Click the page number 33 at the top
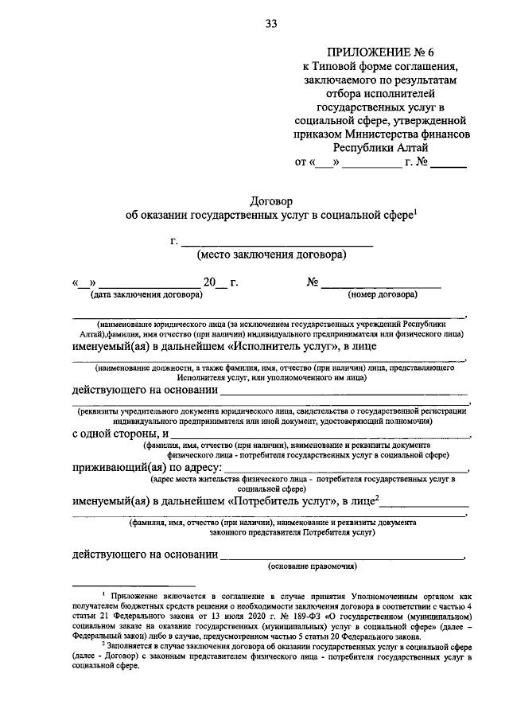pos(271,24)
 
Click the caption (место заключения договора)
pos(271,255)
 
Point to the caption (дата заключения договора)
pos(146,294)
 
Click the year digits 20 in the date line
pos(209,282)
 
